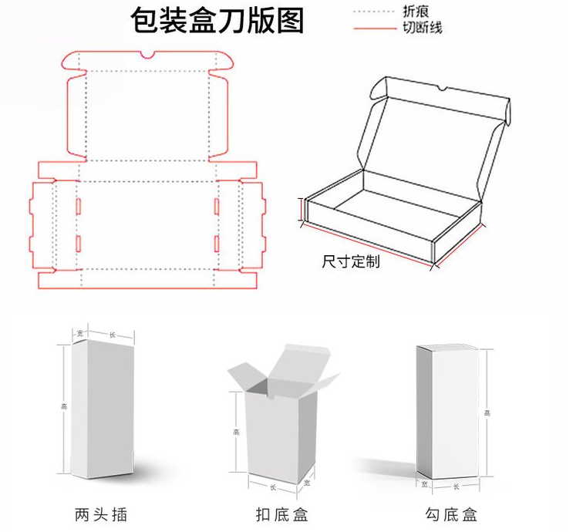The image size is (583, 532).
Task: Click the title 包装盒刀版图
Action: [218, 20]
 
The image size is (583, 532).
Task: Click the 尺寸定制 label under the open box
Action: [350, 261]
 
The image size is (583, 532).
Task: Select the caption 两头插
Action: [101, 513]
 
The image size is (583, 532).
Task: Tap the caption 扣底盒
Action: [282, 513]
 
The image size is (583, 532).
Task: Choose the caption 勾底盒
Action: [452, 513]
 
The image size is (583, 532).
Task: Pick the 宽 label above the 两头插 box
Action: [80, 334]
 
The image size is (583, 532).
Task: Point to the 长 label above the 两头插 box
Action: [113, 334]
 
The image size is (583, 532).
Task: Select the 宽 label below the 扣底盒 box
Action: [307, 483]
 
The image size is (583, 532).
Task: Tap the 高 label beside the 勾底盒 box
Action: [487, 414]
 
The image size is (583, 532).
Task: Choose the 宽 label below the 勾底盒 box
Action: [423, 484]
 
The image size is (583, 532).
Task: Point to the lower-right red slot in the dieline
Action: [217, 244]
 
